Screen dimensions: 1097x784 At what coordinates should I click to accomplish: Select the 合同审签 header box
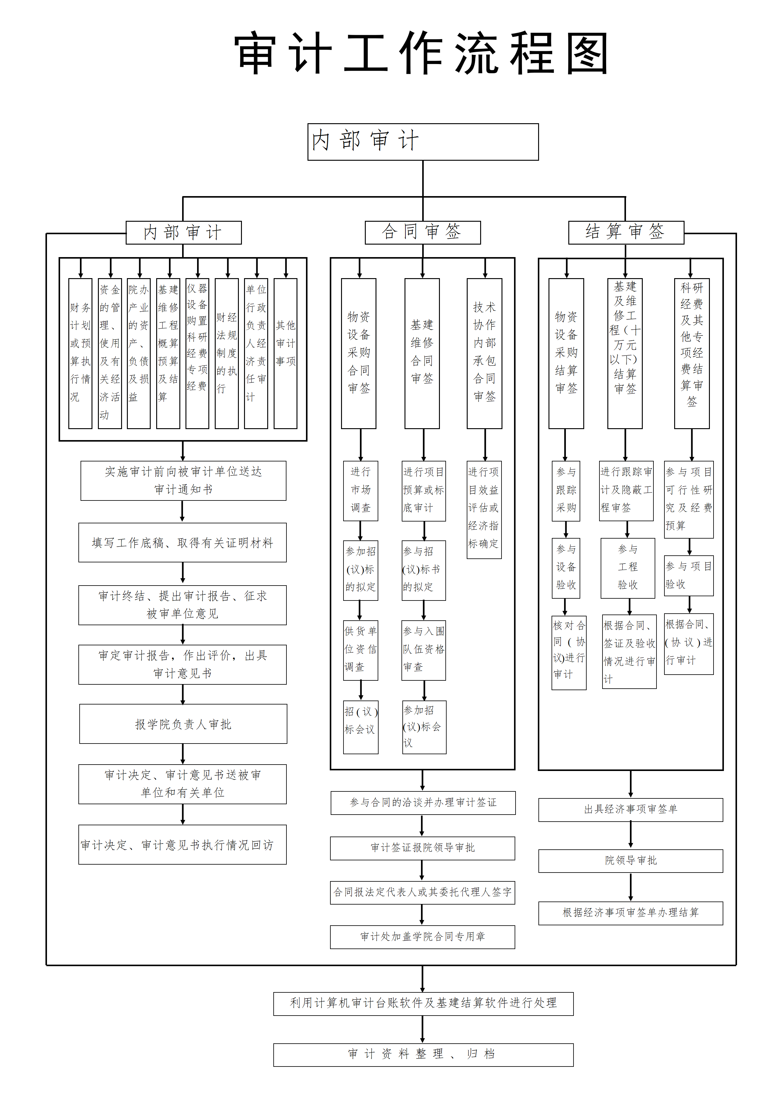(x=423, y=232)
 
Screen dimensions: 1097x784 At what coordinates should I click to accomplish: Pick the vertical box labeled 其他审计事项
(x=285, y=353)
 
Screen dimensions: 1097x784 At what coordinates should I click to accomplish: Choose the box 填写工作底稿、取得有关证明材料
(x=182, y=543)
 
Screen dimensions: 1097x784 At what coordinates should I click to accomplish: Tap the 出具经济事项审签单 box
(x=631, y=809)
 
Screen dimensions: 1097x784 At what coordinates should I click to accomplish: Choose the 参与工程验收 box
(x=628, y=568)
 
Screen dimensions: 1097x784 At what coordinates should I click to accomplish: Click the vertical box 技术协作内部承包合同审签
(x=484, y=353)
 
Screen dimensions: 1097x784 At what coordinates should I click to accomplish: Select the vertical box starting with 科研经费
(x=691, y=353)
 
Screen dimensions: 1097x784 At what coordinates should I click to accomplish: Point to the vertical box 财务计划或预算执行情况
(x=80, y=353)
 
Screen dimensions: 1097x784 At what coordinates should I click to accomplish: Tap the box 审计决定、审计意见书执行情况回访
(x=182, y=844)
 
